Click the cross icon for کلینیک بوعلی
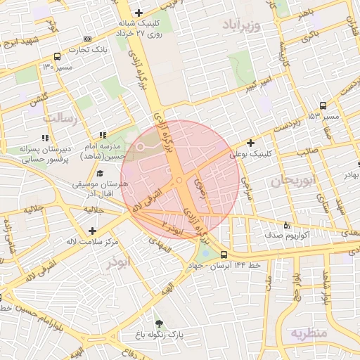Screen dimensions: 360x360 tap(250, 143)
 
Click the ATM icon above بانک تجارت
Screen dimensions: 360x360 tap(87, 39)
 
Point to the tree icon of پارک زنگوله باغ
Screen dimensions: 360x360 tap(160, 324)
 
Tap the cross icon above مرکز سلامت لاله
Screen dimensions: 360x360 tap(92, 231)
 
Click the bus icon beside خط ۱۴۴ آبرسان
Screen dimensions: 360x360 tap(224, 255)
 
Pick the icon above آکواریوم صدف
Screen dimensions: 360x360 tap(286, 225)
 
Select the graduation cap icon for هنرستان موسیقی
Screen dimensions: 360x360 tap(99, 173)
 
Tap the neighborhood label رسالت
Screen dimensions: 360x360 tap(59, 119)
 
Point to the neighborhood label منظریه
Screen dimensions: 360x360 tap(310, 333)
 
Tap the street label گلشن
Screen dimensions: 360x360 tap(37, 99)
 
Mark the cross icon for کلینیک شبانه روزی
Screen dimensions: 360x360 tap(139, 13)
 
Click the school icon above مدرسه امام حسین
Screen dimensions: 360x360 tap(103, 134)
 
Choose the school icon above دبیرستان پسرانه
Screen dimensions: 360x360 tap(45, 138)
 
